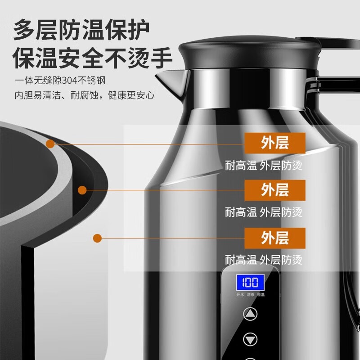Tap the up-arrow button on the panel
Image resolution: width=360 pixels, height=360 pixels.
coord(251,313)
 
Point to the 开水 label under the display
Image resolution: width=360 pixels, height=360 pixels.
coord(240,295)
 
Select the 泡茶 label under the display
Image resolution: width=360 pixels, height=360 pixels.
coord(251,295)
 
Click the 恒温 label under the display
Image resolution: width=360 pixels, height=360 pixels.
coord(261,295)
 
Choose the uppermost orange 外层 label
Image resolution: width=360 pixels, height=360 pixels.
coord(274,143)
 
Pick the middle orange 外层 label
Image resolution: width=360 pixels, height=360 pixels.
coord(274,190)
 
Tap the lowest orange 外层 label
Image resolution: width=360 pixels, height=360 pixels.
coord(274,238)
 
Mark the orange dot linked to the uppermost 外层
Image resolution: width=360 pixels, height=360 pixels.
coord(50,144)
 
